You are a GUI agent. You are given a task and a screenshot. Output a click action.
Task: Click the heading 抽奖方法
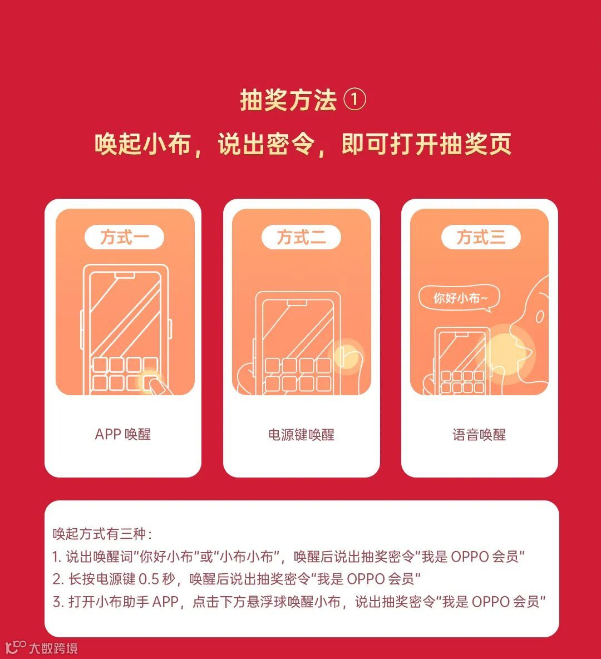tap(288, 100)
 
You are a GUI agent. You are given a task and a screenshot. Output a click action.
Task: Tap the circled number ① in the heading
tap(354, 100)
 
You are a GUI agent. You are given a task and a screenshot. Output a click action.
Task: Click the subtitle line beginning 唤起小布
tap(303, 144)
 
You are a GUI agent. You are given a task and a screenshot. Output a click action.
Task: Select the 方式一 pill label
tap(125, 237)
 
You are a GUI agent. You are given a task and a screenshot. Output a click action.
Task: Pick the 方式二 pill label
tap(301, 237)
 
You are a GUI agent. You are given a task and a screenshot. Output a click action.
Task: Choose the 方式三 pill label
tap(481, 237)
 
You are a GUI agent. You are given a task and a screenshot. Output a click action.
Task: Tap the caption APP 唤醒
tap(123, 434)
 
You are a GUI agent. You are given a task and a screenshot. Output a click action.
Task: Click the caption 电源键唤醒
tap(302, 435)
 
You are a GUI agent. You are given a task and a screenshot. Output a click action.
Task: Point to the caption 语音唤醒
tap(479, 435)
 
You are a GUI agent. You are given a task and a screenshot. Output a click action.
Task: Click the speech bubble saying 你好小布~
tap(459, 298)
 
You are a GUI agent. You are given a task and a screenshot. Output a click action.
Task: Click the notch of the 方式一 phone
tap(125, 276)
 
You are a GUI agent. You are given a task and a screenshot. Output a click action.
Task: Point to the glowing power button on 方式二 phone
tap(348, 354)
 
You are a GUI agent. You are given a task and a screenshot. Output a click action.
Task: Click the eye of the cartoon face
tap(540, 317)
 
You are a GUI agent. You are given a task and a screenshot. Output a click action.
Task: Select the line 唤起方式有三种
tap(102, 534)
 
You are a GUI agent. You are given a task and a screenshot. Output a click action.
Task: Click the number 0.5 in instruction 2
tap(149, 579)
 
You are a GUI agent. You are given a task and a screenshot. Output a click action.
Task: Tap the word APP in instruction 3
tap(166, 602)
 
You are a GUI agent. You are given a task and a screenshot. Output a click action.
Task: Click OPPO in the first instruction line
tap(470, 557)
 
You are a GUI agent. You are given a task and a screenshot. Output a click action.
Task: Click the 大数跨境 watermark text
tap(53, 648)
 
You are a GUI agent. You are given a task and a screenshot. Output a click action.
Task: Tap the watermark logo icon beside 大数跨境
tap(16, 647)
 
